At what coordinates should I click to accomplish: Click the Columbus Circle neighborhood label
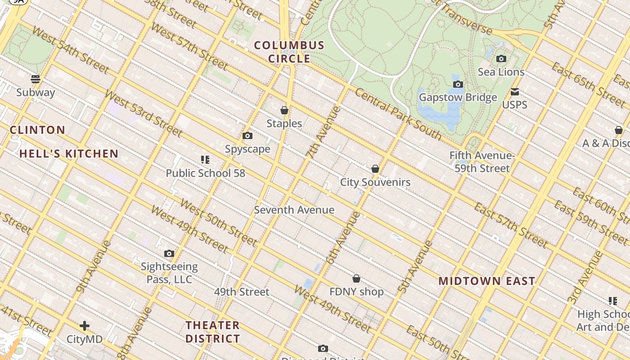click(289, 52)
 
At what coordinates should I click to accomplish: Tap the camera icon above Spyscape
click(247, 136)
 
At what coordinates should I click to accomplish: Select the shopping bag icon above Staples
click(284, 110)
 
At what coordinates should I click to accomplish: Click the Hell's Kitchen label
click(69, 154)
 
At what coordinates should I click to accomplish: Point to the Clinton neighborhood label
click(38, 130)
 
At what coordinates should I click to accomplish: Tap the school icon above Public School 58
click(205, 160)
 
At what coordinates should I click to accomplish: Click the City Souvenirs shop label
click(375, 182)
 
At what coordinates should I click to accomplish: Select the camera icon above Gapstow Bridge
click(458, 85)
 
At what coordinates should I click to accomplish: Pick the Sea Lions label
click(501, 72)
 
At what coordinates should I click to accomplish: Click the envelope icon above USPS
click(515, 92)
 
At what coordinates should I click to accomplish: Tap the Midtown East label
click(487, 281)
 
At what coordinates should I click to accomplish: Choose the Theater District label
click(213, 332)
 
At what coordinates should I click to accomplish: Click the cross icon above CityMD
click(85, 326)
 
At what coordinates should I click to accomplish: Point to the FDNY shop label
click(356, 292)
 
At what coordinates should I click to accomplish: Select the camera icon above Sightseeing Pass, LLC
click(169, 254)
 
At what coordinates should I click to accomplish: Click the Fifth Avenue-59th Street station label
click(482, 162)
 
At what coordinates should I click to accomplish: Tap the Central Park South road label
click(398, 113)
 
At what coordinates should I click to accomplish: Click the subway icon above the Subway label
click(36, 79)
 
